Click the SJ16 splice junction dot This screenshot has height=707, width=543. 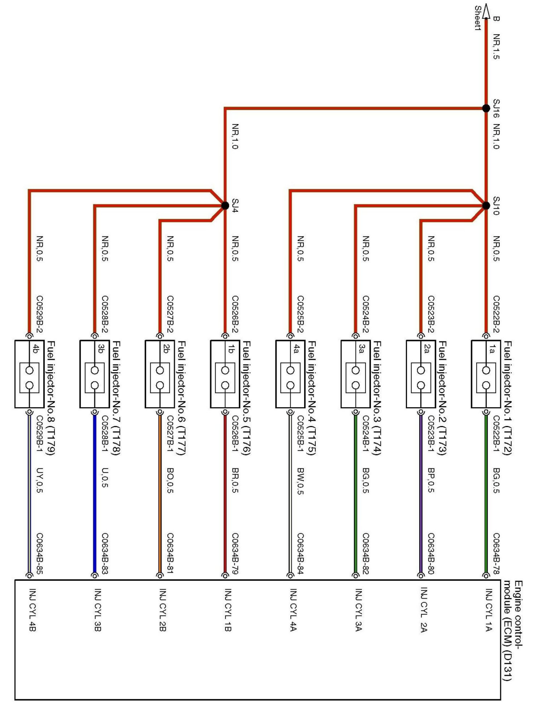pos(486,108)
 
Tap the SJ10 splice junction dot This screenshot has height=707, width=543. pos(486,205)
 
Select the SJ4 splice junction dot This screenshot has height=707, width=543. pos(225,205)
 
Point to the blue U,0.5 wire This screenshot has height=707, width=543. pos(95,495)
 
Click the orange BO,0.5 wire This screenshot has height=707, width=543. pos(160,495)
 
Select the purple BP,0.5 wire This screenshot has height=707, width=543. pos(421,495)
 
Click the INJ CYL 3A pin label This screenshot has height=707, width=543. pos(358,609)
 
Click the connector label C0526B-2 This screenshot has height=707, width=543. pos(235,314)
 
